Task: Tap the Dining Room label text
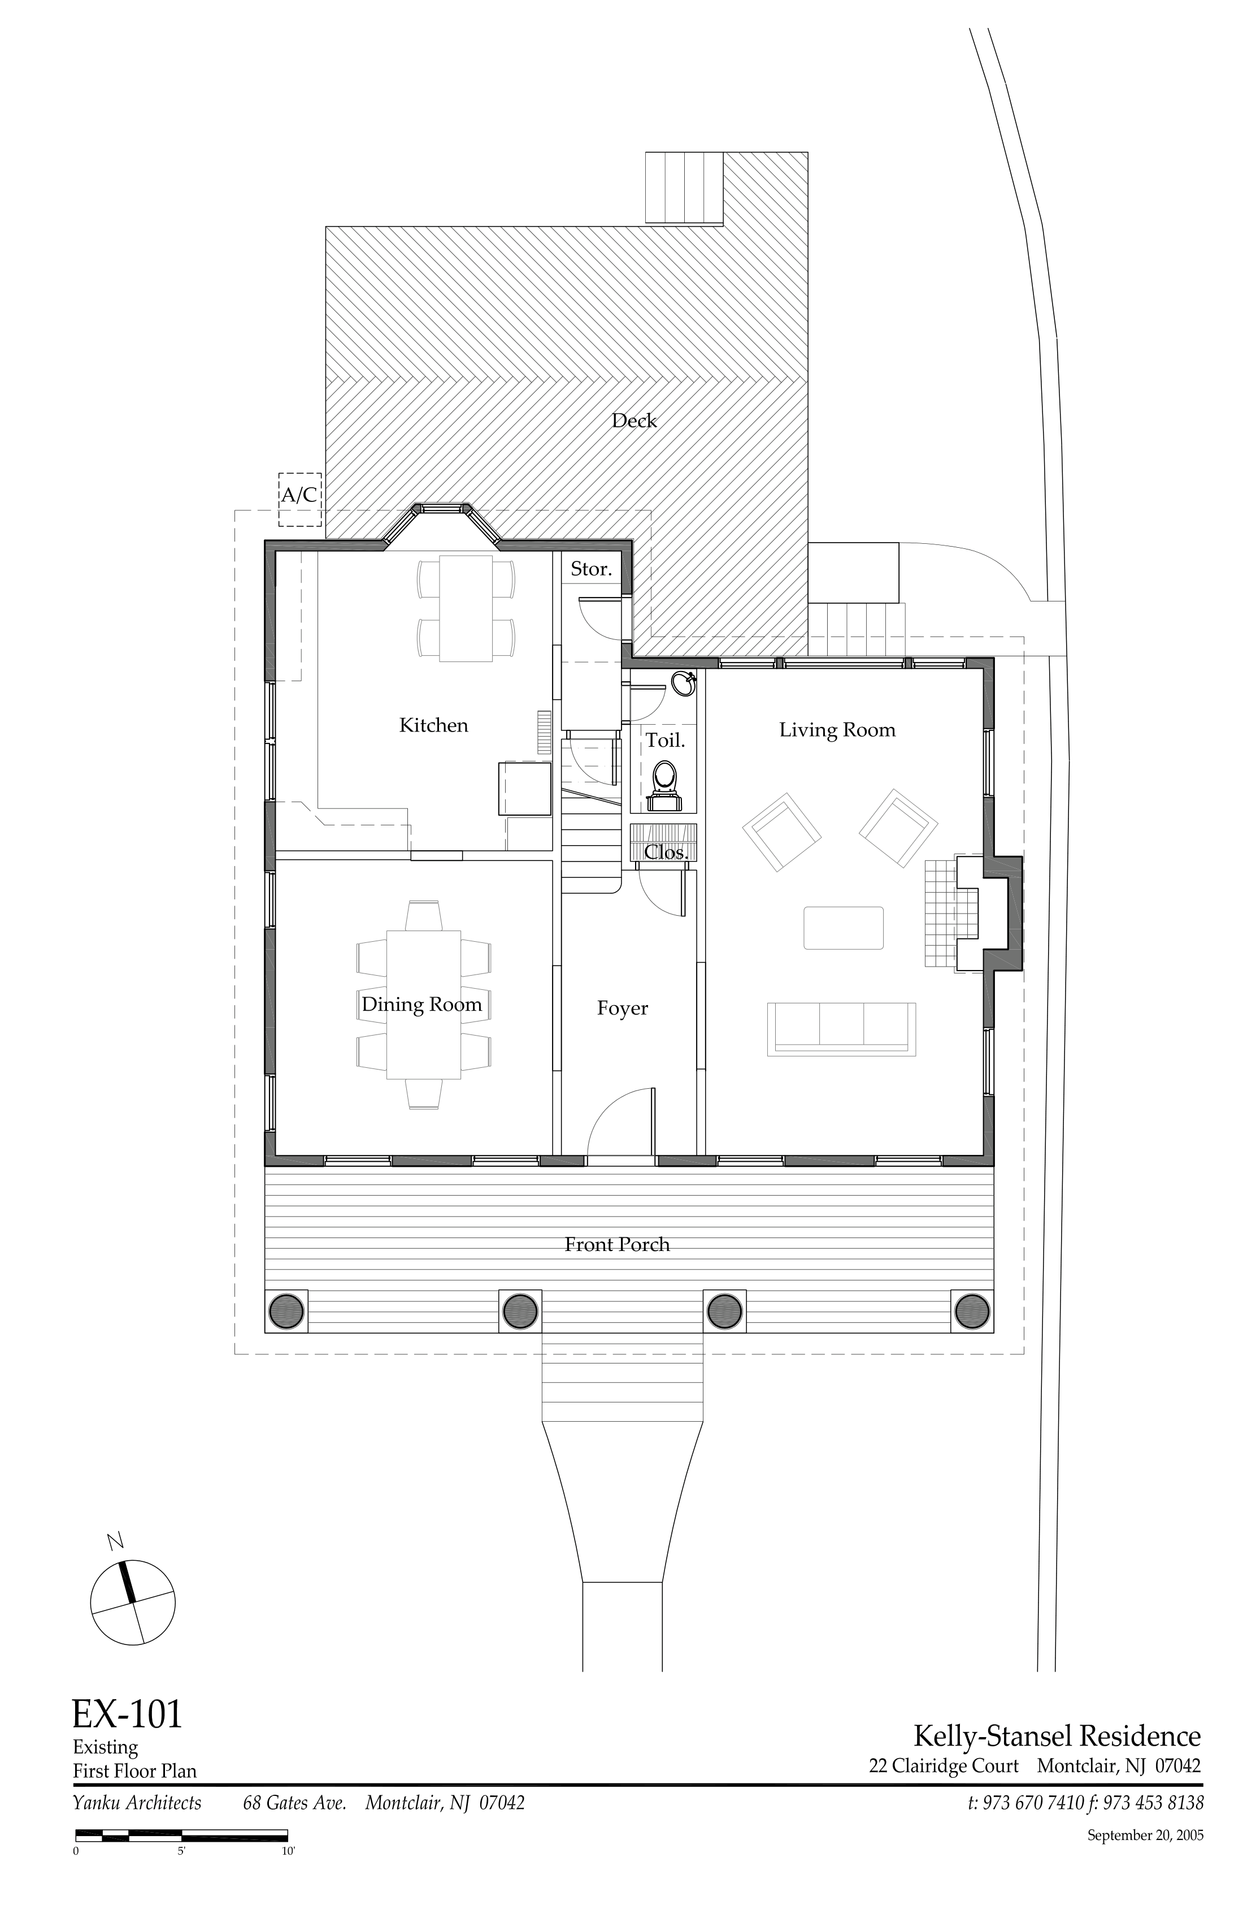pyautogui.click(x=421, y=1005)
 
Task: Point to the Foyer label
pyautogui.click(x=622, y=1008)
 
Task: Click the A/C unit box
pyautogui.click(x=299, y=500)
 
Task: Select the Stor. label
pyautogui.click(x=591, y=569)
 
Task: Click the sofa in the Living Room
pyautogui.click(x=842, y=1029)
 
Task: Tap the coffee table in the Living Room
pyautogui.click(x=844, y=928)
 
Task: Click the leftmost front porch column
pyautogui.click(x=286, y=1311)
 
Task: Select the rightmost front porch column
pyautogui.click(x=972, y=1311)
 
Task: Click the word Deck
pyautogui.click(x=633, y=421)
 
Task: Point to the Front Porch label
pyautogui.click(x=618, y=1244)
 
